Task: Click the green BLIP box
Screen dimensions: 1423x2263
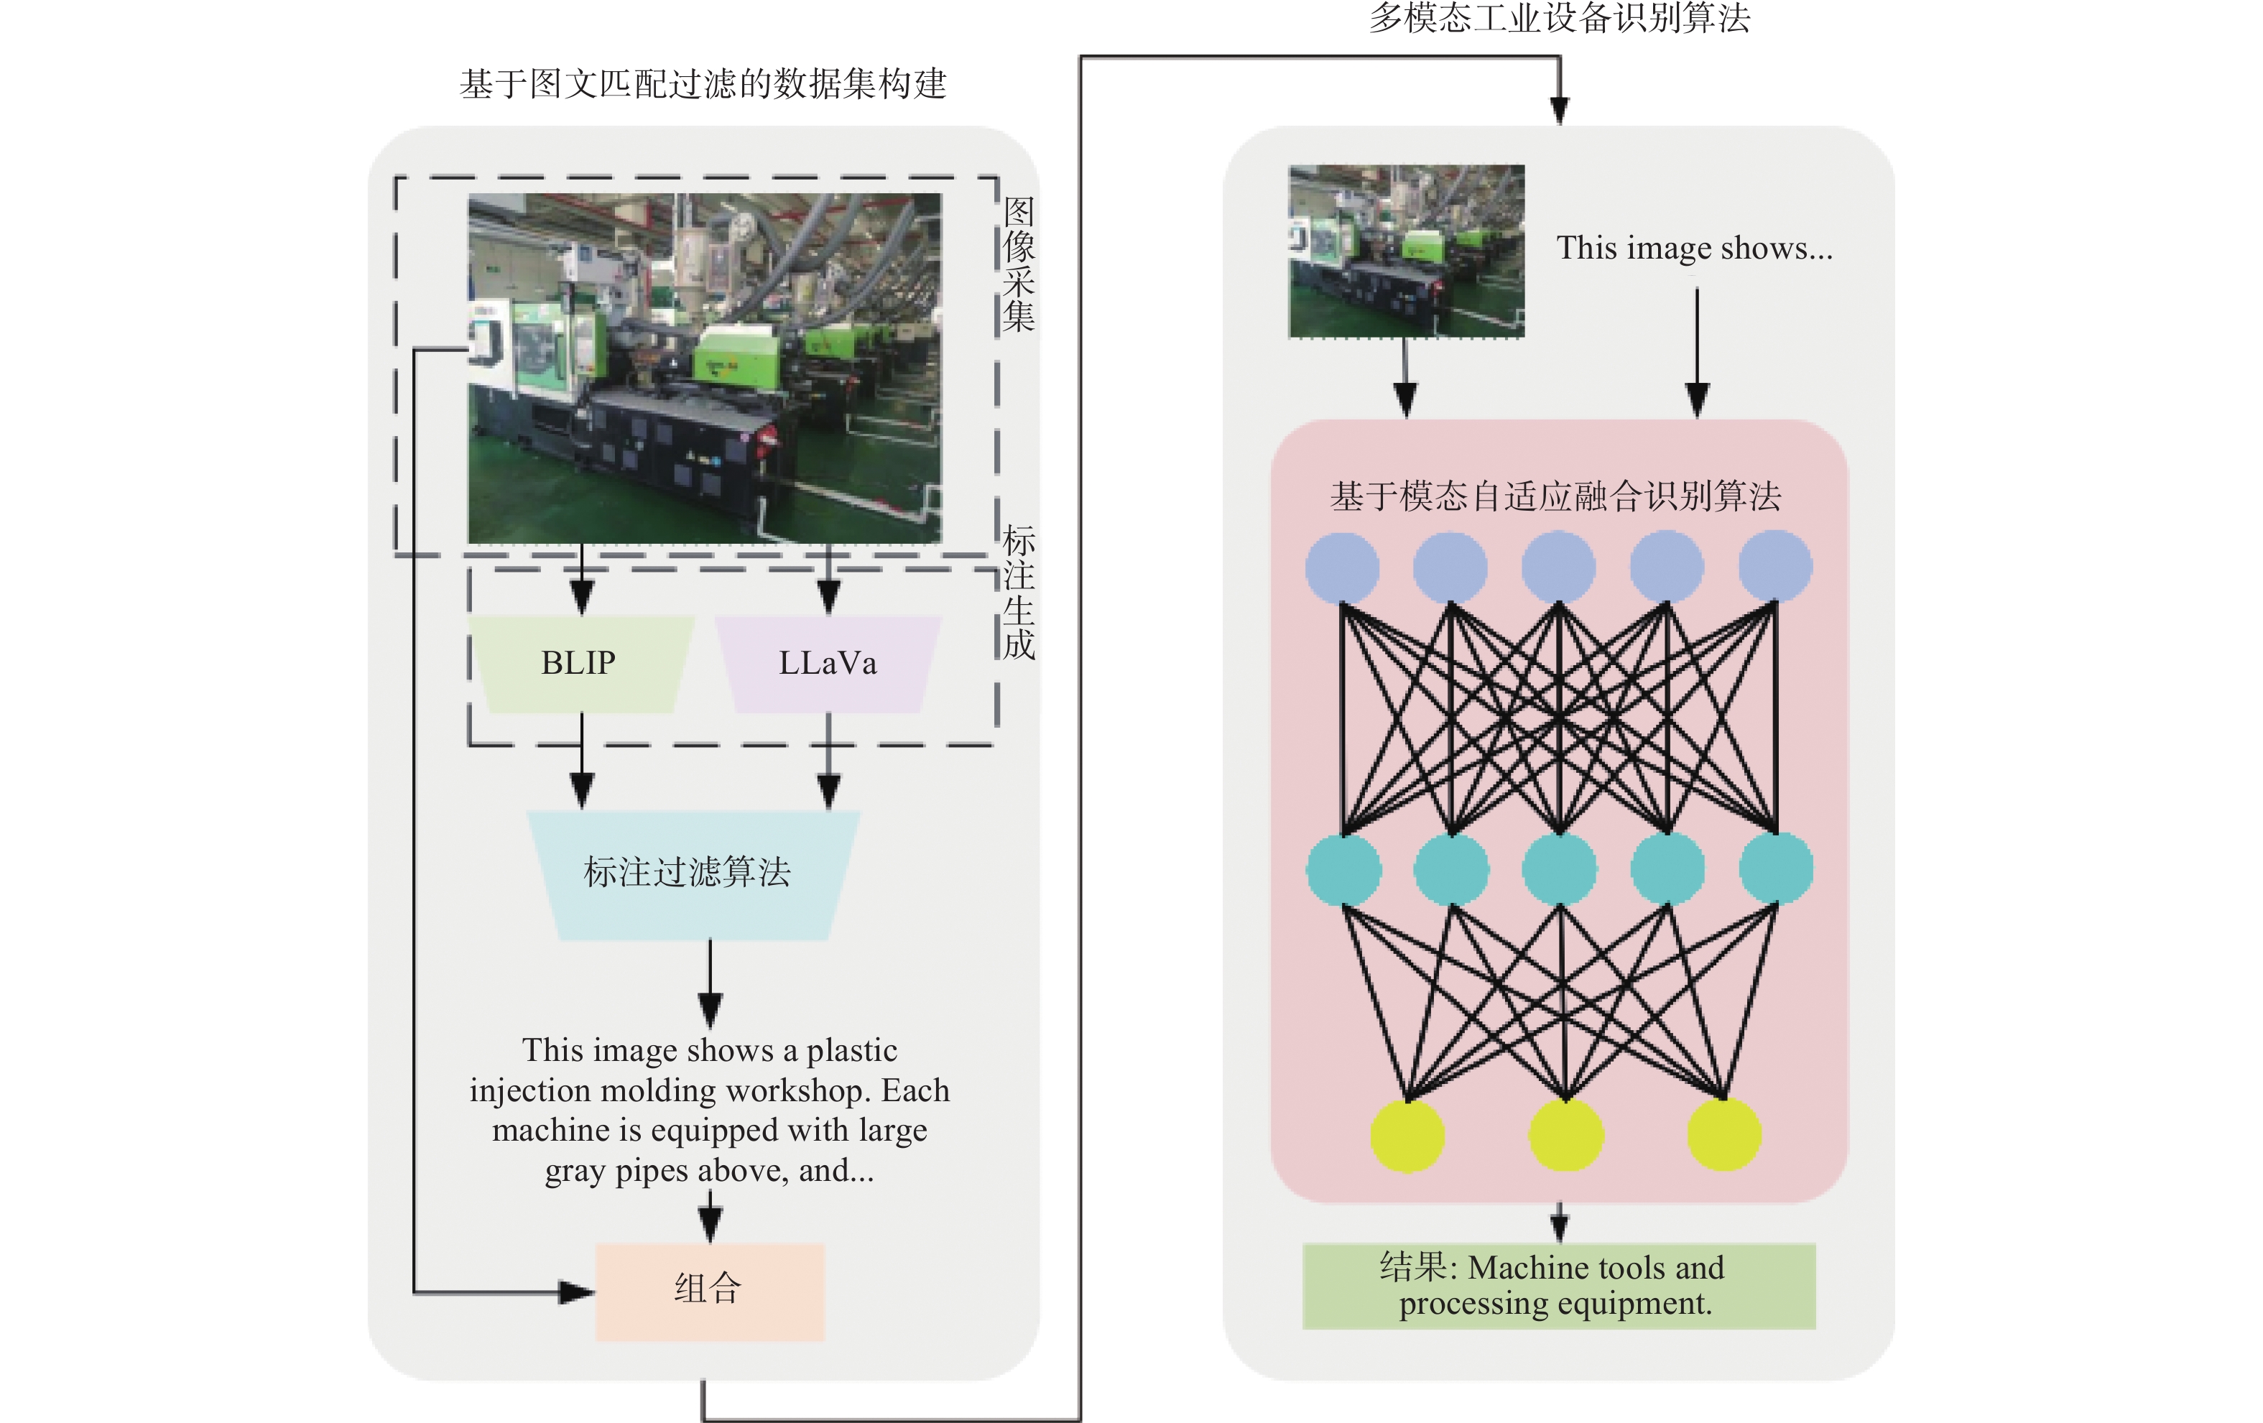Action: point(580,664)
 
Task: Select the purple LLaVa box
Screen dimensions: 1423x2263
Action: point(827,664)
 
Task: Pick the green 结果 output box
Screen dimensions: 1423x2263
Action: point(1558,1286)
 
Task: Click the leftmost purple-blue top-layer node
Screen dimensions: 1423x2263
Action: point(1342,567)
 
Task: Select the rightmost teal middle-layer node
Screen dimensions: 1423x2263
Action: point(1775,869)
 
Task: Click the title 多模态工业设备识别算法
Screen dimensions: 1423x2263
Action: point(1558,18)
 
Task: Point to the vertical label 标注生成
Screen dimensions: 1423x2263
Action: point(1019,592)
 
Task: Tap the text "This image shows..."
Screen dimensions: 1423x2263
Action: point(1693,248)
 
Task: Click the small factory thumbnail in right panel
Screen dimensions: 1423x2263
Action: point(1406,251)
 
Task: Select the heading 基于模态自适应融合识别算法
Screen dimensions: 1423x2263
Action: point(1555,496)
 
